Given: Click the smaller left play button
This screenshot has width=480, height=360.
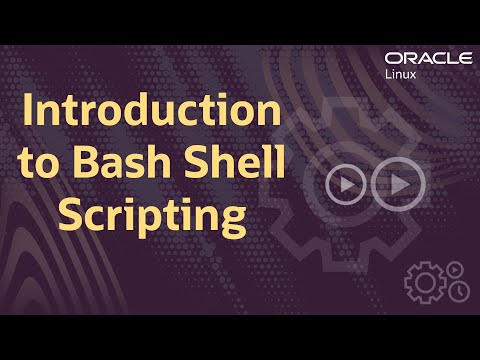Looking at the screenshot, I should pos(345,185).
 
